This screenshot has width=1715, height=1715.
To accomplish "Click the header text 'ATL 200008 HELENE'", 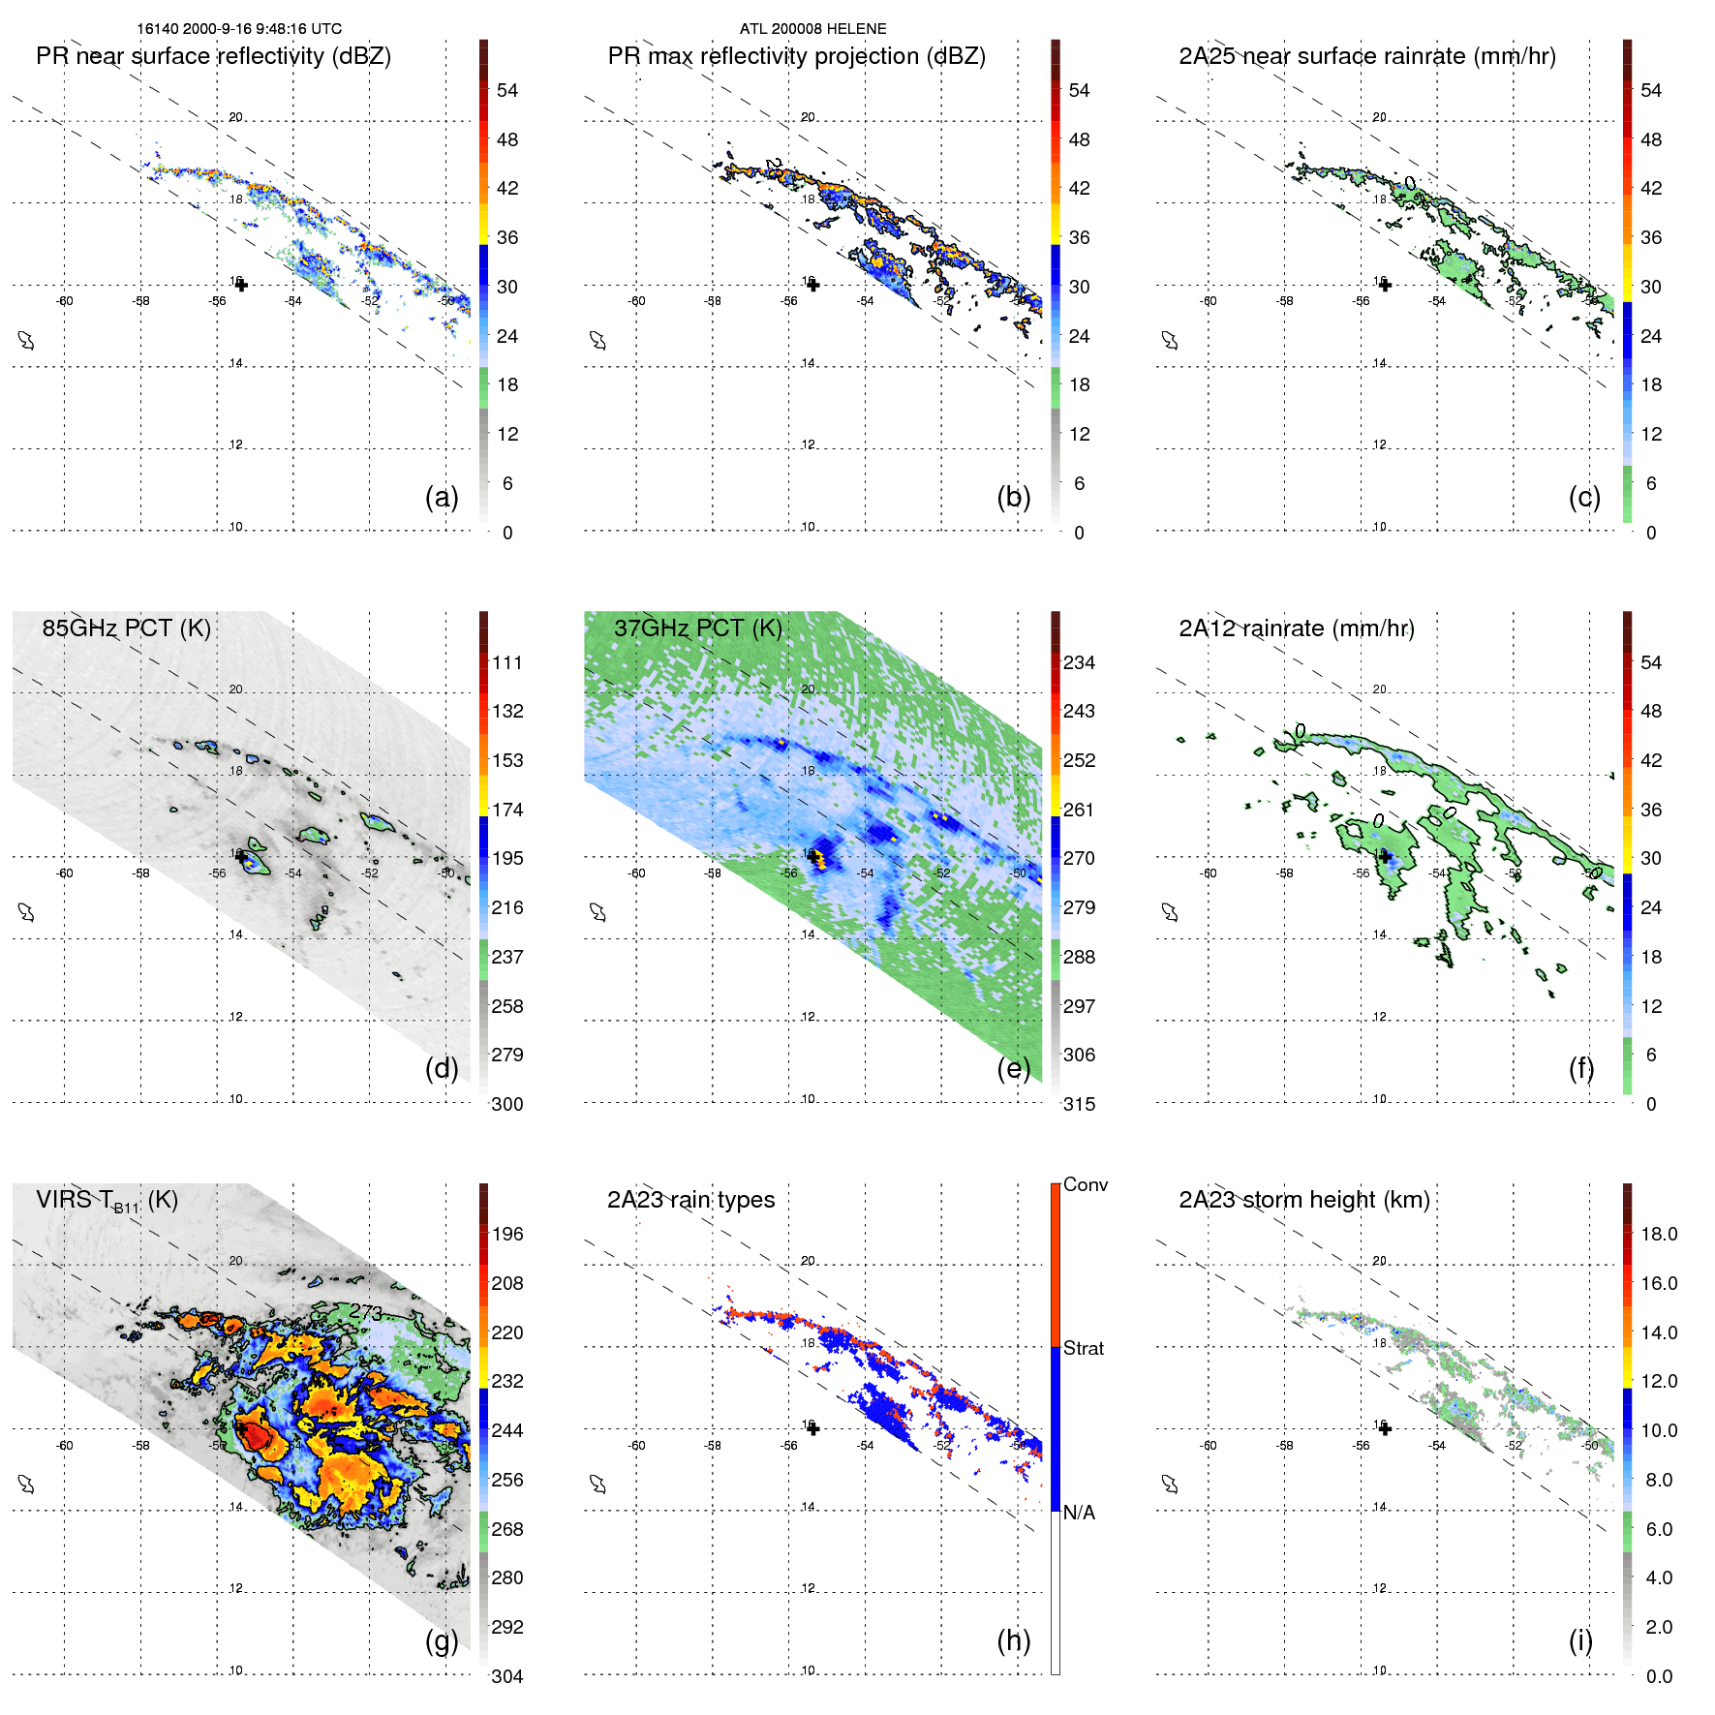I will [812, 29].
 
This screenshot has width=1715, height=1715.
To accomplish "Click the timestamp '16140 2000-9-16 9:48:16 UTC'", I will [239, 29].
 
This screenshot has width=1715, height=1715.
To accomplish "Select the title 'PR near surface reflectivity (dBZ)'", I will [213, 56].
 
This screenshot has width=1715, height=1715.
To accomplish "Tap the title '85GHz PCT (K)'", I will [126, 628].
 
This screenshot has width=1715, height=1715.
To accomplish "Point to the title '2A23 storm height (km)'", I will [1303, 1200].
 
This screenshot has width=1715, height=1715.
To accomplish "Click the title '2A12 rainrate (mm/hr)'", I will [1296, 628].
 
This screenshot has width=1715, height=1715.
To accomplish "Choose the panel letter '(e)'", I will [1013, 1068].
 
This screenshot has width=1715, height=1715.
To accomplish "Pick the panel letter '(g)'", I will [442, 1640].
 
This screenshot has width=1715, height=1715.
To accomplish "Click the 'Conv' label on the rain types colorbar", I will [1085, 1184].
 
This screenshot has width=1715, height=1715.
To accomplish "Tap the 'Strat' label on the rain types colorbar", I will [1083, 1348].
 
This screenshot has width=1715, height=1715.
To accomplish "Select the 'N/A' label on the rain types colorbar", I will [1079, 1513].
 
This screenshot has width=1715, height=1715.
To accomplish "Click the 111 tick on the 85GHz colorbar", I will [507, 662].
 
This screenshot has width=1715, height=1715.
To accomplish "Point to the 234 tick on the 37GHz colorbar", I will [1079, 662].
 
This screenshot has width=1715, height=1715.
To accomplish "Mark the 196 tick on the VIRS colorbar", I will [507, 1234].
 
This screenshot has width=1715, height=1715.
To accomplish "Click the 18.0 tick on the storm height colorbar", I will [1658, 1234].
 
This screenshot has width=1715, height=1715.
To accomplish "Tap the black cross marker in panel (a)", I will [241, 285].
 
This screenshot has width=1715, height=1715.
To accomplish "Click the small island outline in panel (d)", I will [26, 912].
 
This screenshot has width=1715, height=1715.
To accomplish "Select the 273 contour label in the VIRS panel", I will [366, 1312].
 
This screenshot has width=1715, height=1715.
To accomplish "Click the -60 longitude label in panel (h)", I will [636, 1445].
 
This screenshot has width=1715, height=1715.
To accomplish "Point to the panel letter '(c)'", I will [1583, 497].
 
